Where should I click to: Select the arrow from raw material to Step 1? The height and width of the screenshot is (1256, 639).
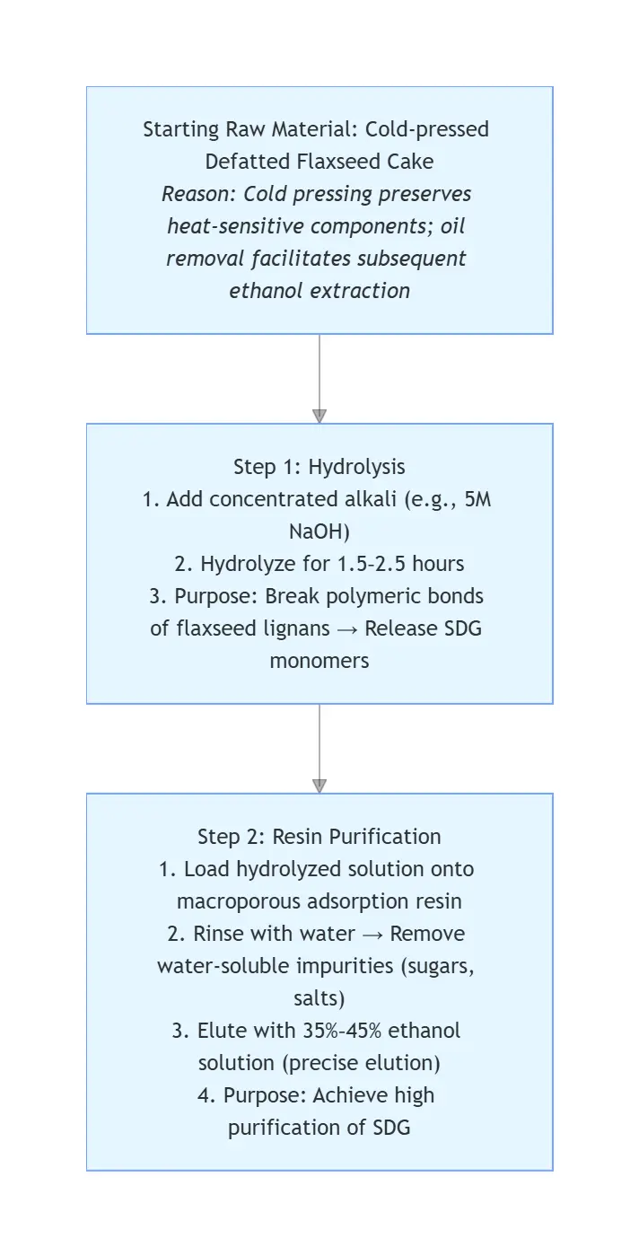point(319,378)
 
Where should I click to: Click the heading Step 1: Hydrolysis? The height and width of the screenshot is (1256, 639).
point(319,467)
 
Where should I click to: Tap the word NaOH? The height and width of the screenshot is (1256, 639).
point(319,531)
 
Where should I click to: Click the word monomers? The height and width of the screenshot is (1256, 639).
point(319,661)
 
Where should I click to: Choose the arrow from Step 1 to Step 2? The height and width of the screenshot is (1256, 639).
point(319,748)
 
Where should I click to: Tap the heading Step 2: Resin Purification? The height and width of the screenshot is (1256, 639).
point(319,837)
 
